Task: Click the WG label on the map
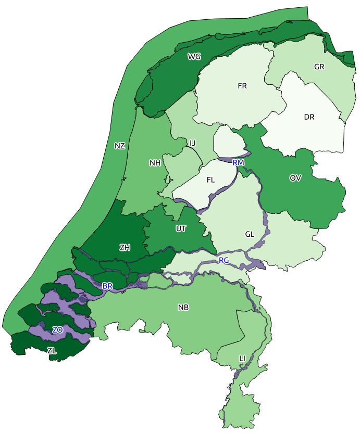click(194, 56)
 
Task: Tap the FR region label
click(242, 86)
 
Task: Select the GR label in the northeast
click(319, 67)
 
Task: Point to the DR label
click(309, 117)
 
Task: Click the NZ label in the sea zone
click(120, 146)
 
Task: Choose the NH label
click(155, 163)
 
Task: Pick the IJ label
click(192, 143)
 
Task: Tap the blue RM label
click(239, 163)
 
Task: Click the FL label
click(211, 180)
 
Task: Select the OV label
click(295, 178)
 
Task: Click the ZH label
click(125, 247)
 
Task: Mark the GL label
click(250, 234)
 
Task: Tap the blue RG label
click(224, 260)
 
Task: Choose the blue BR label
click(107, 286)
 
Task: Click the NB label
click(183, 308)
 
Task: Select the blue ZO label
click(57, 330)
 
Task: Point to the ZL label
click(52, 351)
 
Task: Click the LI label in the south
click(242, 359)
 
